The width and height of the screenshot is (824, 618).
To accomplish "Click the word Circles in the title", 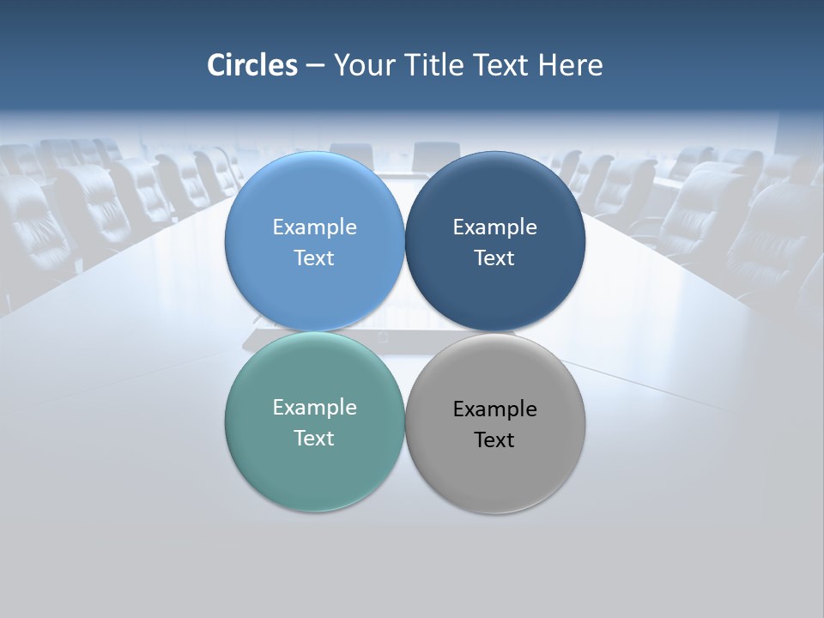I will [x=252, y=65].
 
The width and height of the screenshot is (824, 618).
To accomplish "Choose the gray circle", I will [x=495, y=472].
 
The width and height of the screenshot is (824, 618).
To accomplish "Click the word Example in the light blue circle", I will [x=314, y=227].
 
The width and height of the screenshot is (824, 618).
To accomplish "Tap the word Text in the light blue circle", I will [x=314, y=258].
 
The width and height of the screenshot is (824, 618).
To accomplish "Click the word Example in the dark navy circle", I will [x=495, y=227].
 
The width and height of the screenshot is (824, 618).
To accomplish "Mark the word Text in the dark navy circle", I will [x=495, y=258].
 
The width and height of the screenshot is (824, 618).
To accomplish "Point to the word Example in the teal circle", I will [x=314, y=408].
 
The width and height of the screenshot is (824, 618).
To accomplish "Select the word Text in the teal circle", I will [x=314, y=439].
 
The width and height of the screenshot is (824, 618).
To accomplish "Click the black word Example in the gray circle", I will [x=495, y=409].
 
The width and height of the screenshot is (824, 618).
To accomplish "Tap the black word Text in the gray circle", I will [x=495, y=440].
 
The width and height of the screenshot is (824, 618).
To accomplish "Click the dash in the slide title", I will [x=314, y=66].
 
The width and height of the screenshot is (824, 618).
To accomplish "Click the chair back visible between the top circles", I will [x=436, y=157].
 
